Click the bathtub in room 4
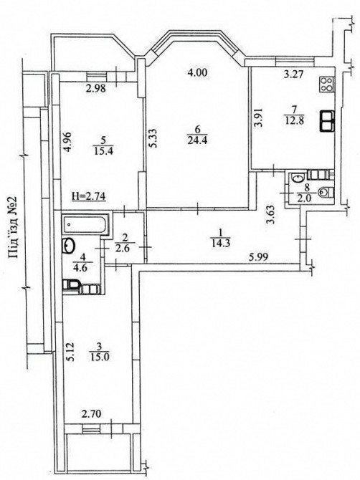click(x=85, y=224)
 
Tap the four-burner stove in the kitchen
click(x=327, y=85)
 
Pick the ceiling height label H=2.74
click(x=89, y=196)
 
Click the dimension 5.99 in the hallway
click(x=259, y=257)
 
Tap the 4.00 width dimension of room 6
click(x=197, y=73)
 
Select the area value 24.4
click(x=197, y=140)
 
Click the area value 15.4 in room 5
click(x=103, y=150)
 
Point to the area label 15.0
click(x=99, y=357)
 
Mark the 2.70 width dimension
click(x=91, y=415)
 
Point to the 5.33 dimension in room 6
click(x=153, y=138)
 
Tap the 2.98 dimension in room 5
click(x=95, y=88)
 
